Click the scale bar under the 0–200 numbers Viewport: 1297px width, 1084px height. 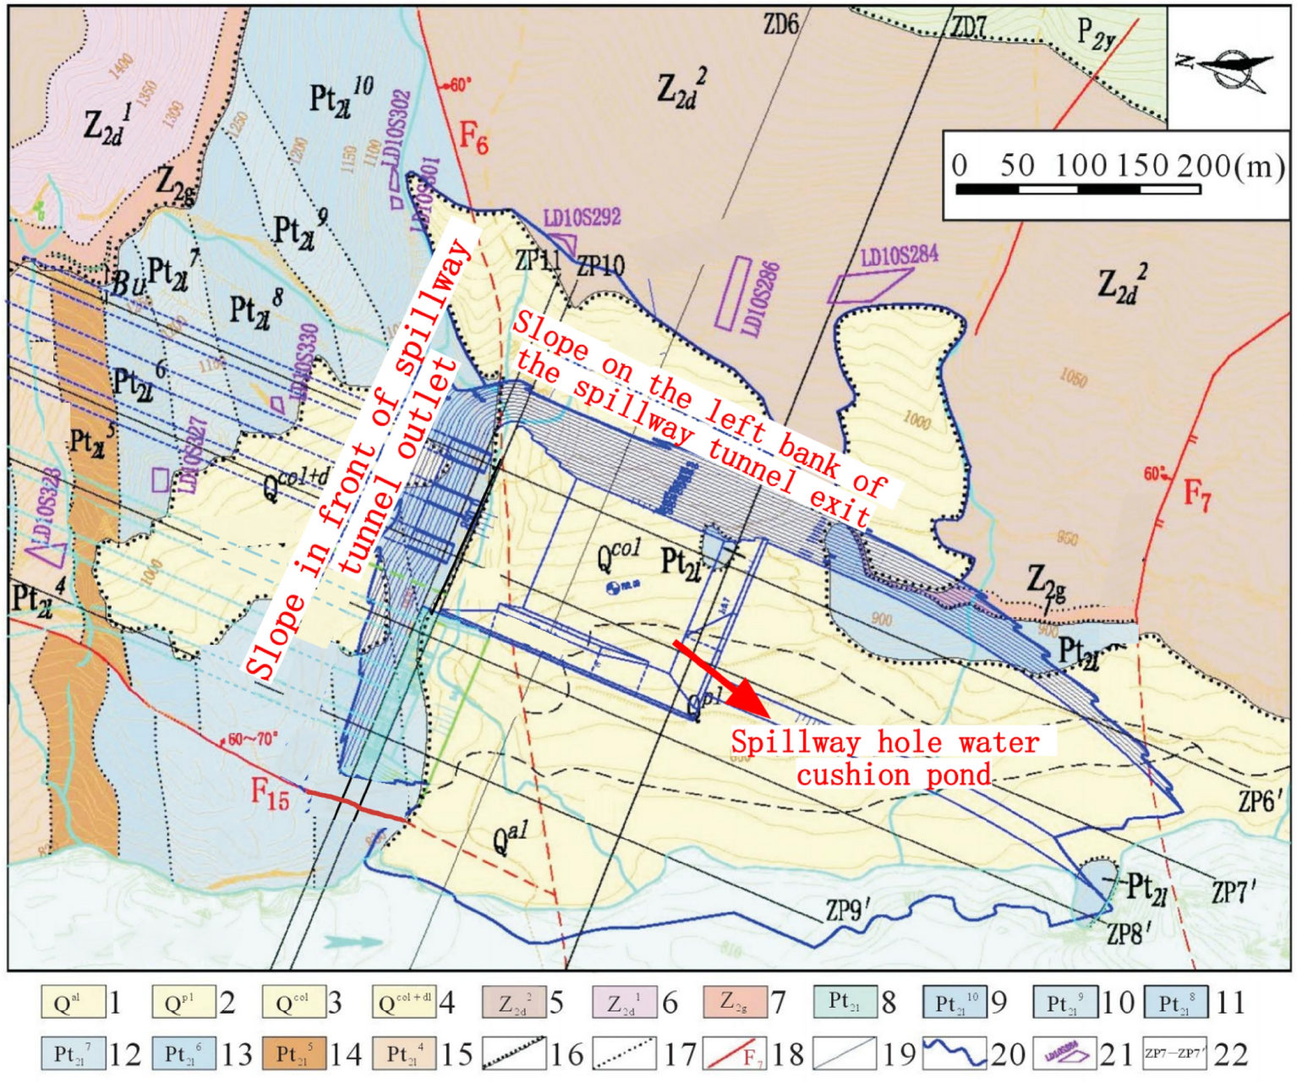click(x=1077, y=189)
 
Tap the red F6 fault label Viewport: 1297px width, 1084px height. click(x=473, y=137)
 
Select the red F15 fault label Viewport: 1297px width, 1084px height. click(x=270, y=794)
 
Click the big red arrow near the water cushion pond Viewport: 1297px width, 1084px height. click(x=719, y=676)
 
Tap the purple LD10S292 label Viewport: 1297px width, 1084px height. click(x=582, y=218)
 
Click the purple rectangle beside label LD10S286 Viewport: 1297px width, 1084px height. click(x=732, y=293)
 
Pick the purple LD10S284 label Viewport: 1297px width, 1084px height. click(x=899, y=255)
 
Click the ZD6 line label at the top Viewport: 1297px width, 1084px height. click(x=780, y=25)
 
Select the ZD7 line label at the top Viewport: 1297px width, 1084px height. click(x=968, y=27)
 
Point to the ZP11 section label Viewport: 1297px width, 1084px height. click(x=538, y=260)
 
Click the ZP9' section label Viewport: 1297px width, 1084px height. click(x=848, y=910)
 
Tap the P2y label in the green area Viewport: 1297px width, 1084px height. click(x=1096, y=35)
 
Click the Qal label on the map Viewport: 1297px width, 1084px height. click(x=510, y=840)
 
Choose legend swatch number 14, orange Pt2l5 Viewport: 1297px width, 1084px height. click(x=293, y=1054)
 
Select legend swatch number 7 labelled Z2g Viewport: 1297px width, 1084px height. click(x=734, y=1003)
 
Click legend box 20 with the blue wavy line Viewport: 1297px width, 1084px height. click(x=954, y=1054)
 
